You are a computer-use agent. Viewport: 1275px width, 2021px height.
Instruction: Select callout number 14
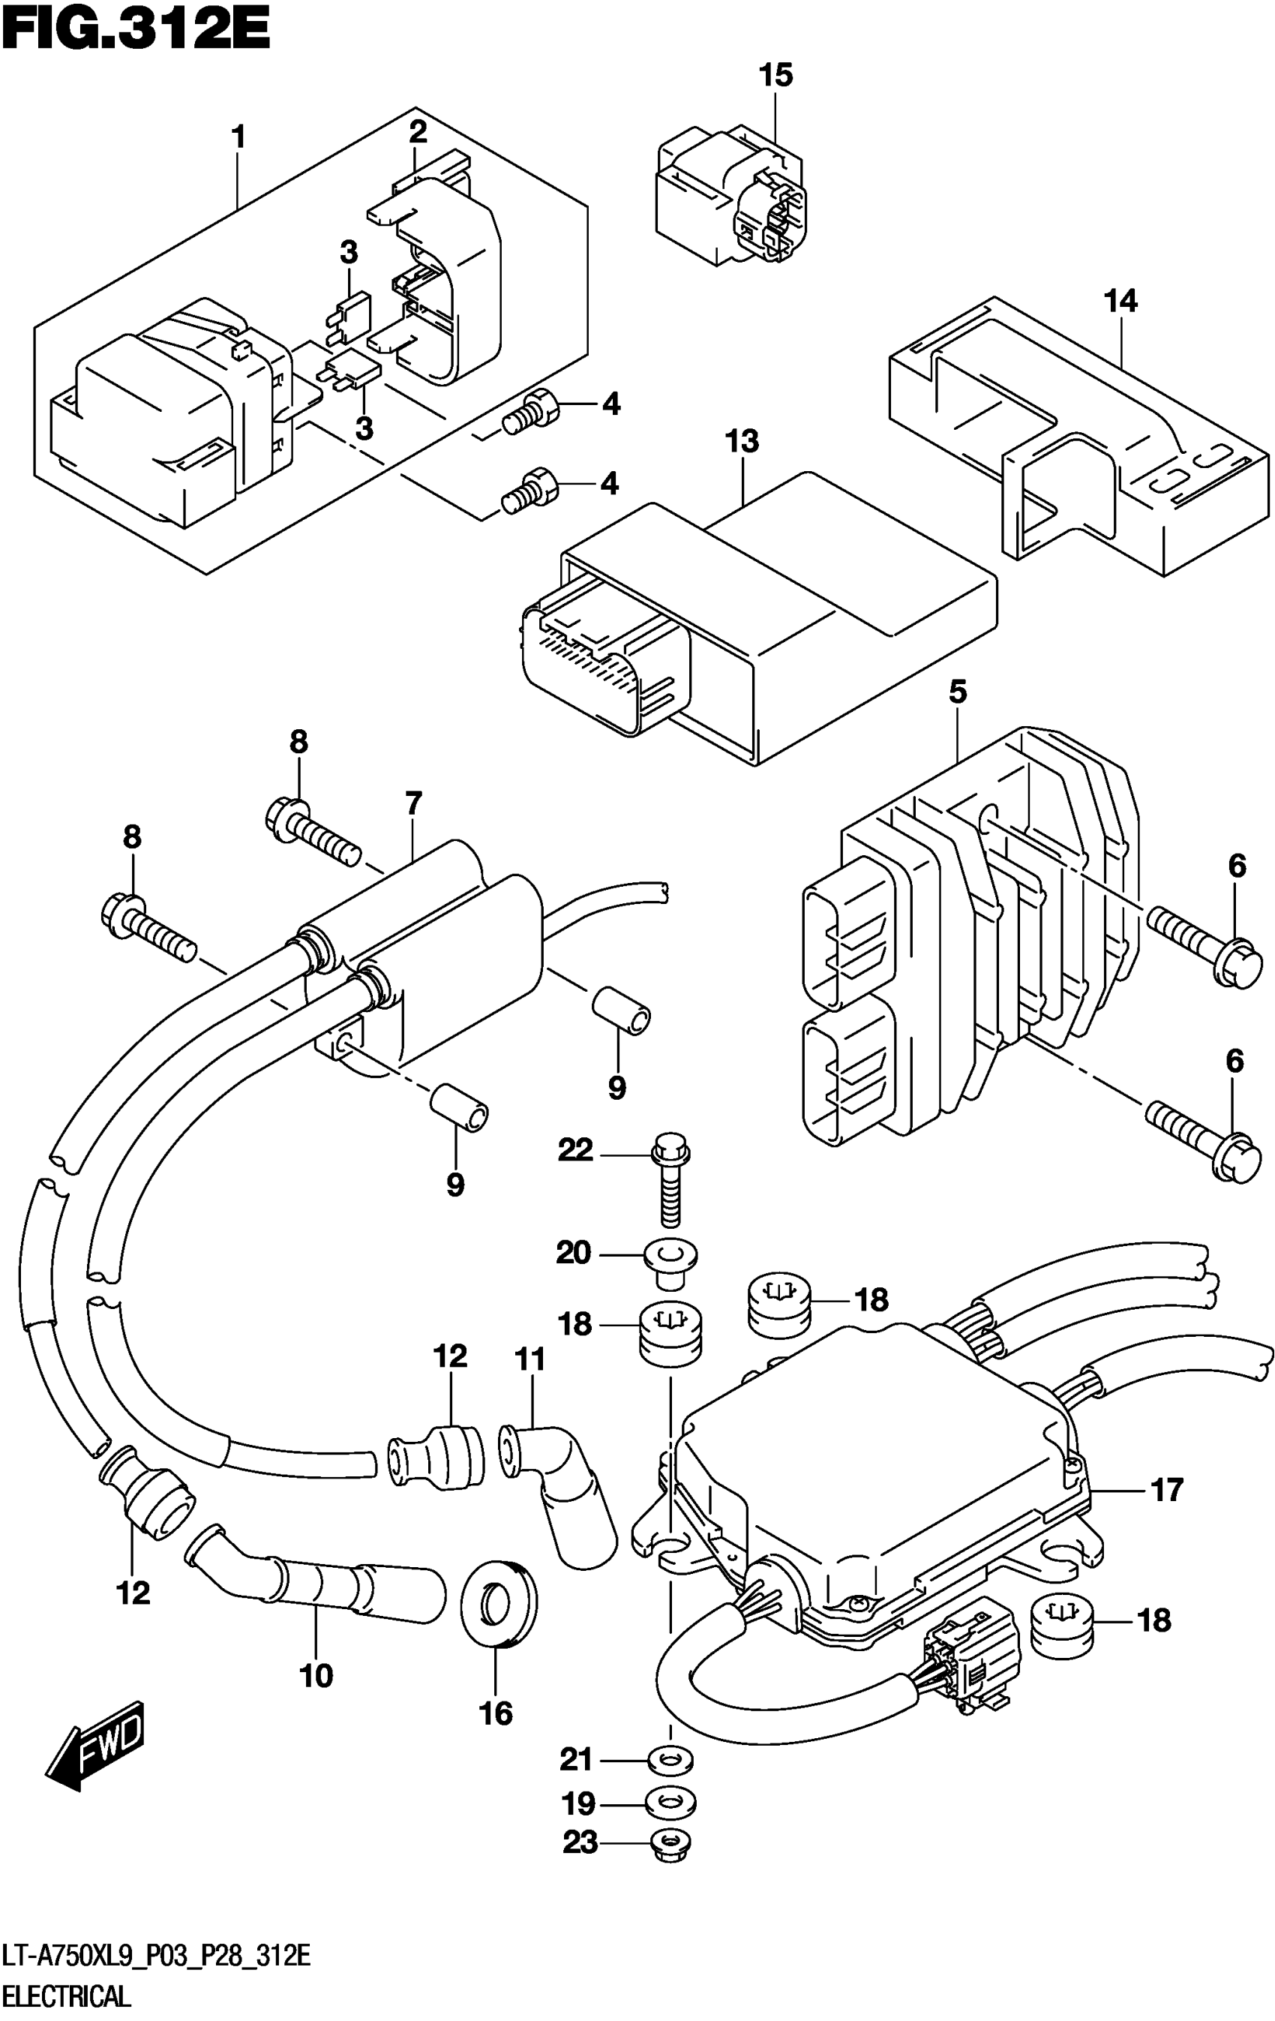[1120, 301]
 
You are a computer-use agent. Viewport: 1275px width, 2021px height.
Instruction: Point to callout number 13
[742, 440]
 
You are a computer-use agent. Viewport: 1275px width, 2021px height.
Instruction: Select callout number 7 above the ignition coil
[413, 804]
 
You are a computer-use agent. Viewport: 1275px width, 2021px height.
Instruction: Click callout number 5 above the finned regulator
[958, 692]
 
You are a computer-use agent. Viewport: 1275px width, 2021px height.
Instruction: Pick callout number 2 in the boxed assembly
[418, 132]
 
